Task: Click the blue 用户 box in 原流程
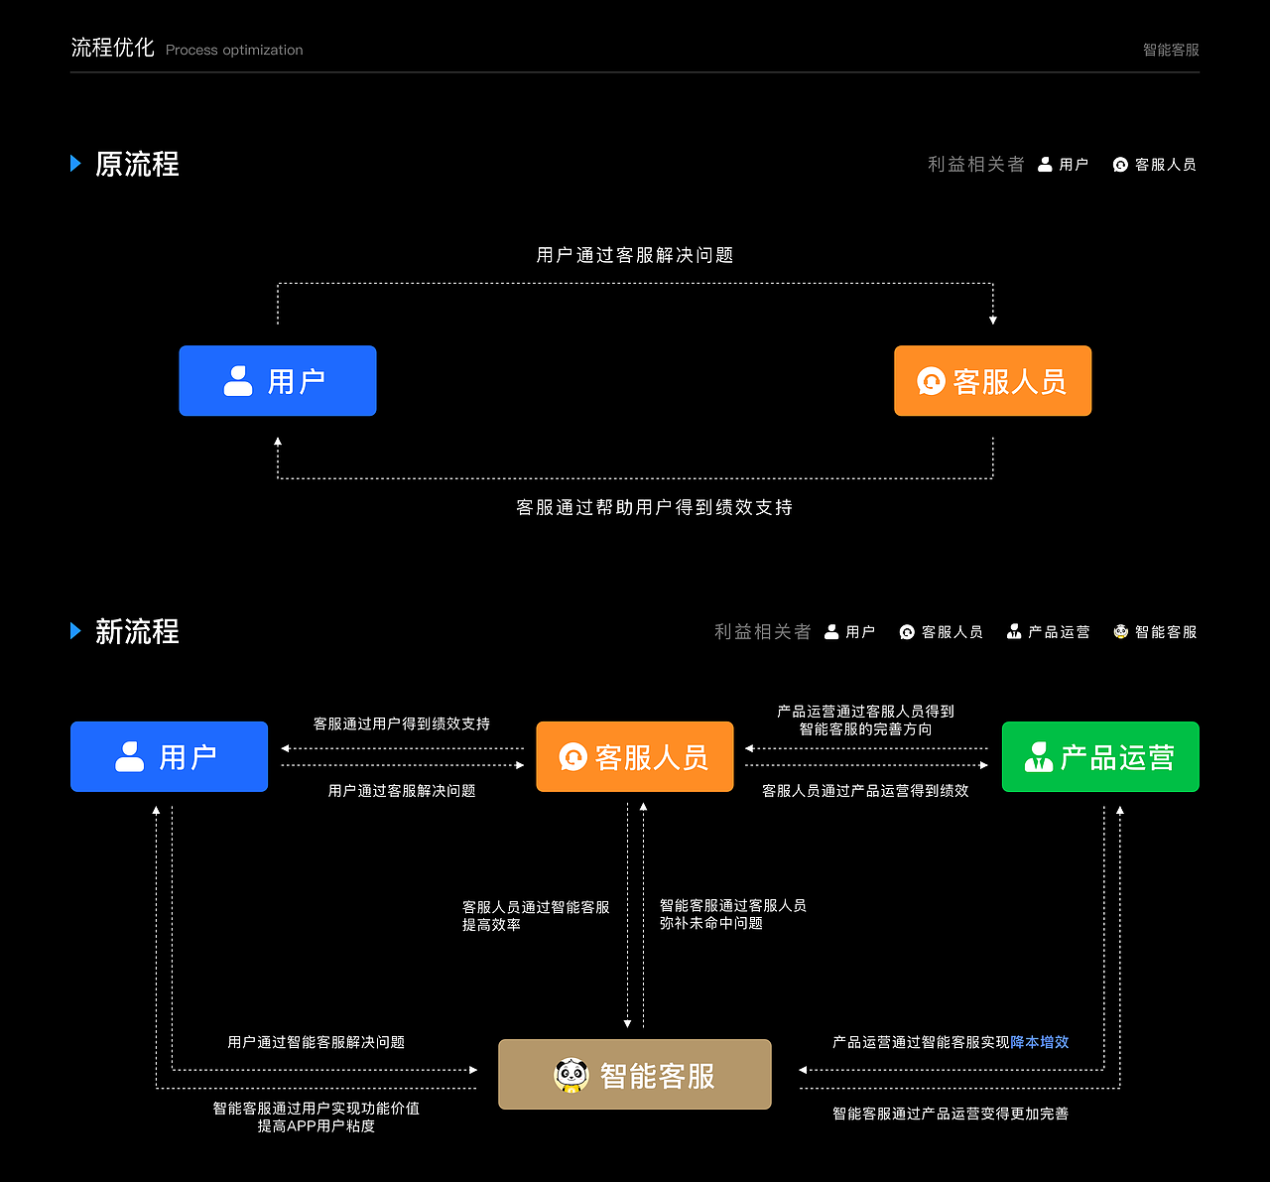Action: click(278, 381)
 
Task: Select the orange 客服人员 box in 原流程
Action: click(992, 381)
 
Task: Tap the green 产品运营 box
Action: click(1100, 757)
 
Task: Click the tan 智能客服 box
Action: click(635, 1075)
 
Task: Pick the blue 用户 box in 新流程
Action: click(169, 757)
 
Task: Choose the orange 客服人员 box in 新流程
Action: click(635, 757)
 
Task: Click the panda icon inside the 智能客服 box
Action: click(571, 1075)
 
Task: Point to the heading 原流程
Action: click(137, 164)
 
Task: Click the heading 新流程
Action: click(137, 631)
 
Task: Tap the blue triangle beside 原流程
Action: click(75, 164)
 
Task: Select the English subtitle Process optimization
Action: click(234, 50)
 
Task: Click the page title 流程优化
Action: click(112, 48)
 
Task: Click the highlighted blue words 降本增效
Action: click(1040, 1042)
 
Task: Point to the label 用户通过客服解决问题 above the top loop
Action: click(635, 255)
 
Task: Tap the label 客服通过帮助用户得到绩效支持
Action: click(655, 507)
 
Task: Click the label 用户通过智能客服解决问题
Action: click(316, 1042)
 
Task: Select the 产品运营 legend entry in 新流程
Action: click(1049, 632)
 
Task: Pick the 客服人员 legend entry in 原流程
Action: click(1155, 165)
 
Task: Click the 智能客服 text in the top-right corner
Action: click(1171, 50)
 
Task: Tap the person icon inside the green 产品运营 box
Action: click(1039, 757)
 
